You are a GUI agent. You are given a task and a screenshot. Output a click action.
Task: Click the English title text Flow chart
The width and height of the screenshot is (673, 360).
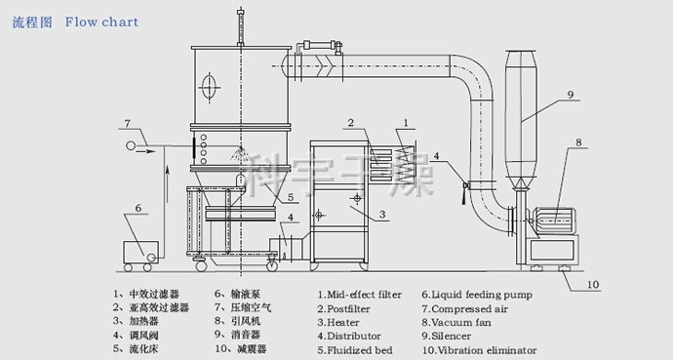click(x=101, y=21)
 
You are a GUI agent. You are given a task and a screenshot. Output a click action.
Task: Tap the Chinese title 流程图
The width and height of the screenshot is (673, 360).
click(x=32, y=22)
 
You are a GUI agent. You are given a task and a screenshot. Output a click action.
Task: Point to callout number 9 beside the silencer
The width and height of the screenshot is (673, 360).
click(x=570, y=94)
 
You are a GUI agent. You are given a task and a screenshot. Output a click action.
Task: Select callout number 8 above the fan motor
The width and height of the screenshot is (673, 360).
click(x=578, y=142)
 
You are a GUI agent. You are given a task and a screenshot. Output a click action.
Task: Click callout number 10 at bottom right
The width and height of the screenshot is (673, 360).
click(x=593, y=285)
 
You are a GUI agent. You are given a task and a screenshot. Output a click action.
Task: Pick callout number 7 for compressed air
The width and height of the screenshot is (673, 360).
click(x=127, y=124)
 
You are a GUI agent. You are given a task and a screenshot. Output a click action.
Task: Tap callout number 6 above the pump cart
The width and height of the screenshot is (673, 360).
click(x=138, y=208)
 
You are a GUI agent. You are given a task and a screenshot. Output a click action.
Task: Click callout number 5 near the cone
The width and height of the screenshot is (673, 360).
click(x=291, y=197)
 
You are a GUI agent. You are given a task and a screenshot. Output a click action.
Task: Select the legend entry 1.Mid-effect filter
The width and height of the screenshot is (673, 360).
click(x=360, y=295)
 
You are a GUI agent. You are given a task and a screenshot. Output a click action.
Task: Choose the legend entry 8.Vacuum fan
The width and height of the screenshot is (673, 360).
click(x=456, y=322)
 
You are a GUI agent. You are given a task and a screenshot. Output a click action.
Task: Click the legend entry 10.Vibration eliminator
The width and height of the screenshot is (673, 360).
click(x=479, y=350)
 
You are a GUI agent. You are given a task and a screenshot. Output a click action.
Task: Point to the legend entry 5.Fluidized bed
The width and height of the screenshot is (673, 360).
click(x=355, y=350)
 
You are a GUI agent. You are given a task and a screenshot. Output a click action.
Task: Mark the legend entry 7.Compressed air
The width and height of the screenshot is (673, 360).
click(x=464, y=309)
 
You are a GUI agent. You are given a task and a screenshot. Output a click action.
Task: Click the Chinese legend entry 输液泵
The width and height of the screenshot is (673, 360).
click(x=243, y=294)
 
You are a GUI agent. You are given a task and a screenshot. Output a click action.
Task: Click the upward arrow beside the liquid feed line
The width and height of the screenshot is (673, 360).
click(x=168, y=184)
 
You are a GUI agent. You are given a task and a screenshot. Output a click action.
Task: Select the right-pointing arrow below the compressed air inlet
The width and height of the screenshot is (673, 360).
click(x=145, y=151)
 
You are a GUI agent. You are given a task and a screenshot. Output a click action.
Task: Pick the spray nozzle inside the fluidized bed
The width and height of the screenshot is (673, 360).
click(x=240, y=152)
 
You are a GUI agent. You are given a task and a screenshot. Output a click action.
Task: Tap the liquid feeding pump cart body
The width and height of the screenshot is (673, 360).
click(x=140, y=252)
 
